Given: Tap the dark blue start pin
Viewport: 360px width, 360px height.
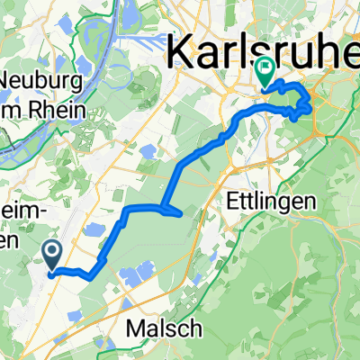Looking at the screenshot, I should point(52,255).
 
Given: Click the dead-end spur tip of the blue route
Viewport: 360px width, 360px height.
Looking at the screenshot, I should point(183,213).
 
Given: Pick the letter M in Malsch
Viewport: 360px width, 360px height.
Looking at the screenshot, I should point(140,325).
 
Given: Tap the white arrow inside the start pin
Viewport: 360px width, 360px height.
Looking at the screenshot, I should point(52,253).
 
